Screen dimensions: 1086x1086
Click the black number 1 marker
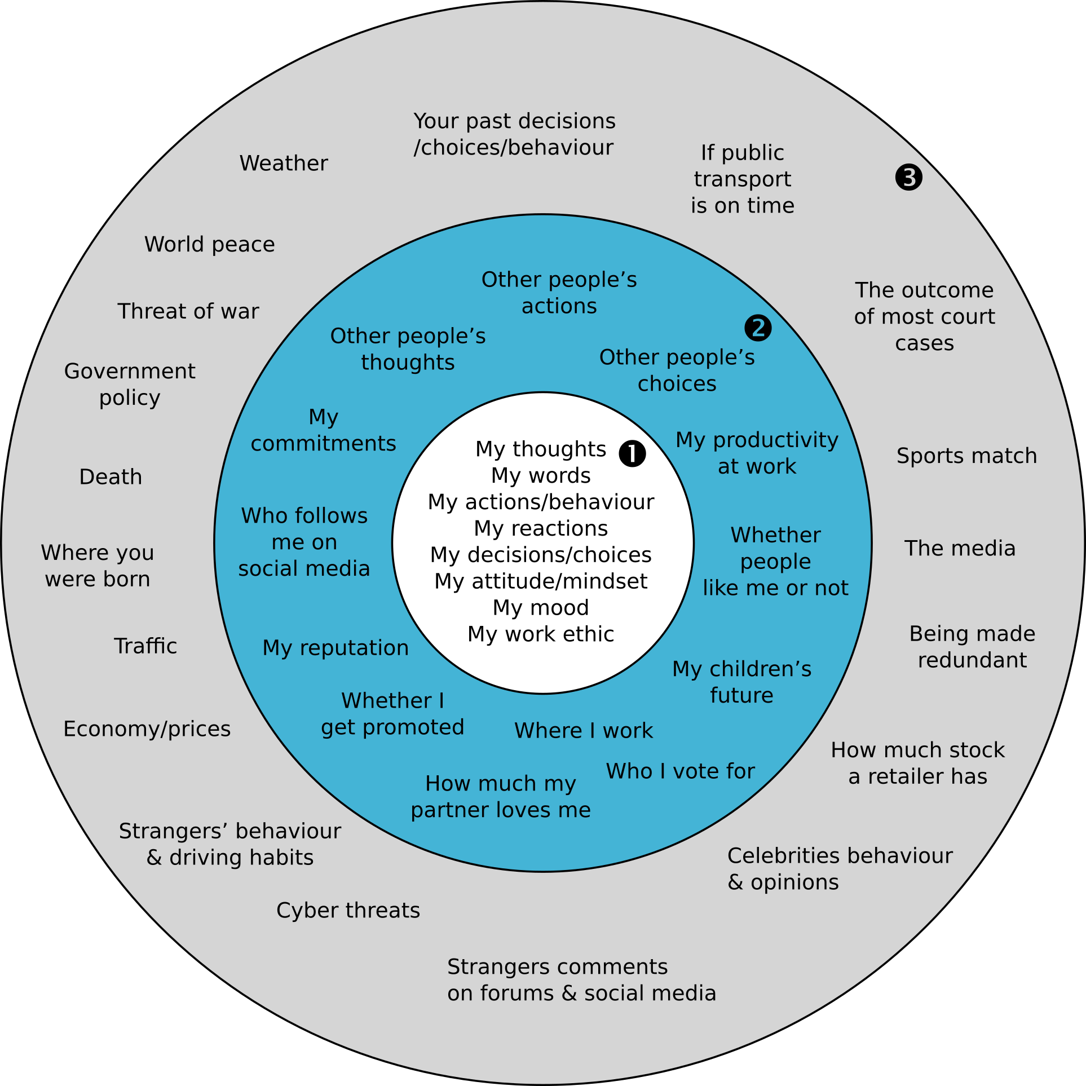click(632, 453)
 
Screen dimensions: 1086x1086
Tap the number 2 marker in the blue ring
click(758, 328)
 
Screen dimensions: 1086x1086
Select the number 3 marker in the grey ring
click(908, 178)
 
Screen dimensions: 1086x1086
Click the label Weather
click(284, 164)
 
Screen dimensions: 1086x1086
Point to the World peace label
click(210, 245)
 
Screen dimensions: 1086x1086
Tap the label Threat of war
click(188, 311)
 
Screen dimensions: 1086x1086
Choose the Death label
click(111, 477)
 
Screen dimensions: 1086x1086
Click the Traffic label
click(145, 646)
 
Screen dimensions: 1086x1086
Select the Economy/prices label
click(147, 729)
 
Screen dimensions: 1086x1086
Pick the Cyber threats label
click(348, 911)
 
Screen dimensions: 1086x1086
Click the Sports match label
click(966, 456)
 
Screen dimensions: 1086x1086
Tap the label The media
click(960, 548)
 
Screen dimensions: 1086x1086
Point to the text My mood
click(541, 608)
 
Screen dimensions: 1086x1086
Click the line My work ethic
click(541, 634)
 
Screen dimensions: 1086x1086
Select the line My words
click(541, 476)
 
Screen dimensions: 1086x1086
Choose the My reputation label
click(335, 648)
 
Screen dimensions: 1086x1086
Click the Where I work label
click(584, 731)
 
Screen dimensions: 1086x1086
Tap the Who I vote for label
click(680, 771)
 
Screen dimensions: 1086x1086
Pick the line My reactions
click(541, 528)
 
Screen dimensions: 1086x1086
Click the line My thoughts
click(541, 449)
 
